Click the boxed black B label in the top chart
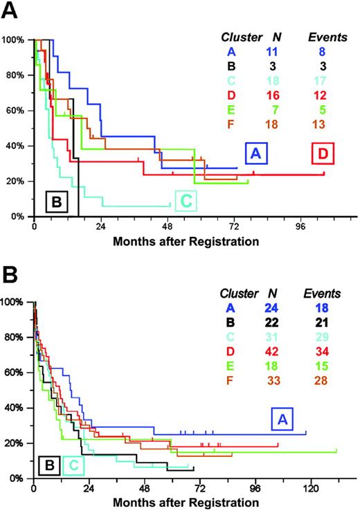click(57, 201)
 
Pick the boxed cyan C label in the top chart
click(186, 201)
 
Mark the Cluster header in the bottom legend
click(237, 293)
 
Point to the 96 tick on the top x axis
click(301, 227)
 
